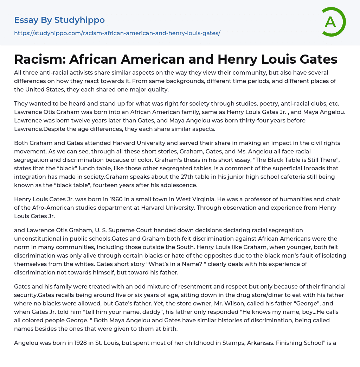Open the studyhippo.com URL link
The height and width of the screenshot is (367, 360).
117,33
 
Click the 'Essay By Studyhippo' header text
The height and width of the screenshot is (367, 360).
59,20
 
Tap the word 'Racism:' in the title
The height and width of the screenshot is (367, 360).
39,59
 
